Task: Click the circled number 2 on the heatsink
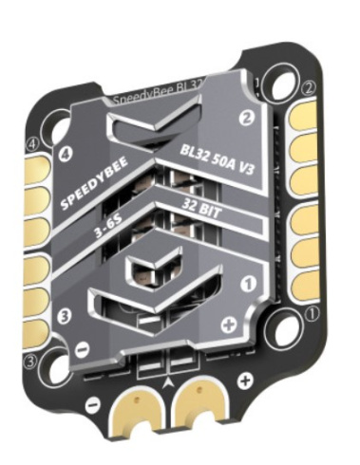246,119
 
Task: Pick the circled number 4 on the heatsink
67,152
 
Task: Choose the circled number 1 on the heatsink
244,282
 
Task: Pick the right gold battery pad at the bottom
199,403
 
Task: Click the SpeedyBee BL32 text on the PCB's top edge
157,97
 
